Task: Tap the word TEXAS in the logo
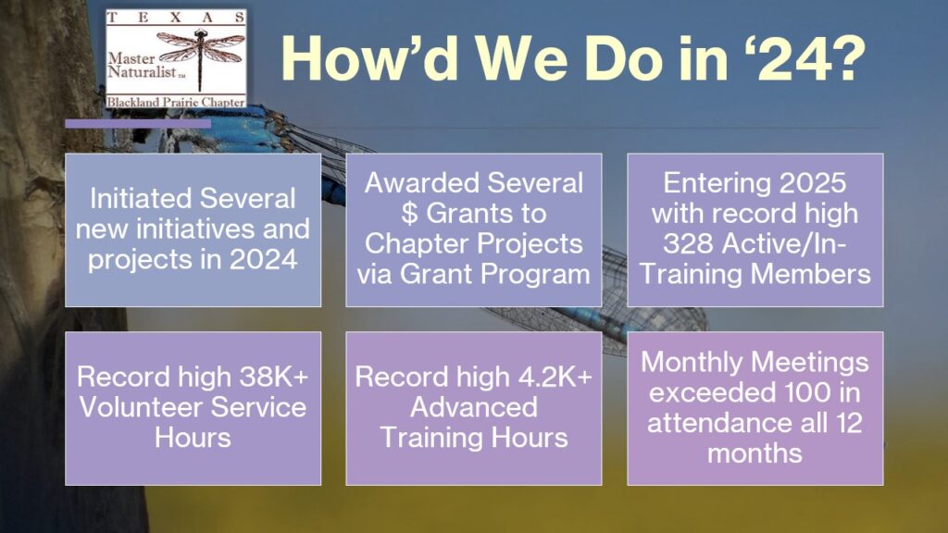tap(176, 18)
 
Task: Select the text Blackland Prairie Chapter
tap(176, 102)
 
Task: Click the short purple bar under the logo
tap(138, 124)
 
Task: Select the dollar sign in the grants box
tap(409, 214)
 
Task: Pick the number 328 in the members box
tap(687, 244)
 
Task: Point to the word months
tap(755, 453)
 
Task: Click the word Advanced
tap(474, 407)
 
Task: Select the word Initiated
tap(141, 199)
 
